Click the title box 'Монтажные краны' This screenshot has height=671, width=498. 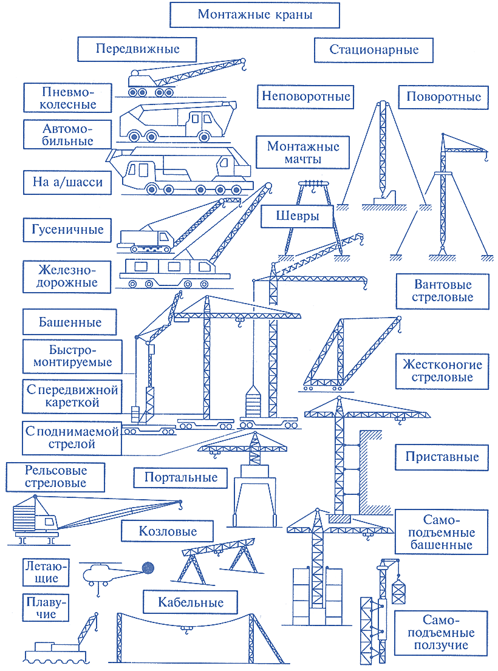pos(254,15)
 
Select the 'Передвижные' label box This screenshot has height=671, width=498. pos(137,49)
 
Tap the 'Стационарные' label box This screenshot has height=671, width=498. pos(373,50)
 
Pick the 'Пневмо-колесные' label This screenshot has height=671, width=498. pos(67,98)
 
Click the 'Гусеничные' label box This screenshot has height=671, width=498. pos(67,230)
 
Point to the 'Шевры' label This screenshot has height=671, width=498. pos(297,216)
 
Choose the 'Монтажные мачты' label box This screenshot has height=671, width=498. pos(303,152)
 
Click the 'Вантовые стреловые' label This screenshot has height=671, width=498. pos(442,291)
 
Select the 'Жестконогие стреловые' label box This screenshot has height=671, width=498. pos(442,371)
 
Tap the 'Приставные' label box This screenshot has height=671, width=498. pos(442,457)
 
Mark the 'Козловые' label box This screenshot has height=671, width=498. pos(167,531)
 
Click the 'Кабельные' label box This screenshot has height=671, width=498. pos(190,602)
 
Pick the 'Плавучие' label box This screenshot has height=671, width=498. pos(46,608)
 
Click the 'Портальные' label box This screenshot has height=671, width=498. pos(180,477)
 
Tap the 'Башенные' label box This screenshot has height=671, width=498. pos(70,322)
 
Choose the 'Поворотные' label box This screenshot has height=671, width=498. pos(443,97)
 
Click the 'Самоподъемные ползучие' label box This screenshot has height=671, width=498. pos(441,633)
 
